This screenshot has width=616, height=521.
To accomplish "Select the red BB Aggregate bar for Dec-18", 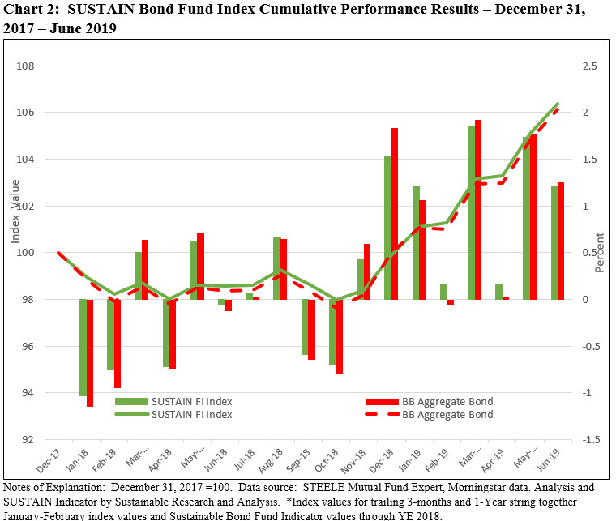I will (x=395, y=214).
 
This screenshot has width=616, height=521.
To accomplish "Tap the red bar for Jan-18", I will (x=90, y=352).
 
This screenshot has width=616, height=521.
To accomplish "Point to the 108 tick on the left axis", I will (x=33, y=66).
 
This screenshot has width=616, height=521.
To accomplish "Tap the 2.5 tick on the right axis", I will (x=589, y=66).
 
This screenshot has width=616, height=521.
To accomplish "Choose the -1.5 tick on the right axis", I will (x=589, y=440).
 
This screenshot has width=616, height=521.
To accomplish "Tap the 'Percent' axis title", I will (x=600, y=253).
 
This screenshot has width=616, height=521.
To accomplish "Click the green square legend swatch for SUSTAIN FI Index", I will (x=130, y=401).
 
